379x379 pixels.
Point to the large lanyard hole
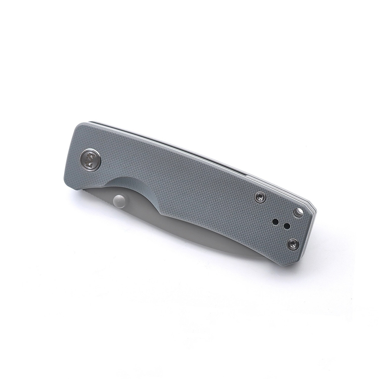pyautogui.click(x=297, y=212)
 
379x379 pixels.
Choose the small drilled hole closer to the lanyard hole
pyautogui.click(x=286, y=227)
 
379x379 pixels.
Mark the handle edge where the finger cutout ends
pyautogui.click(x=161, y=212)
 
